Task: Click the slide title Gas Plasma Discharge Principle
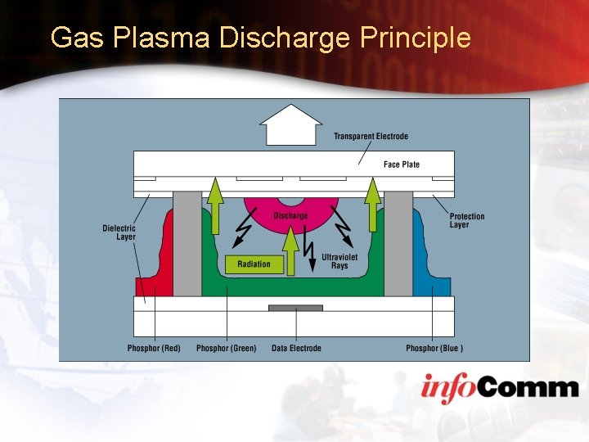[260, 38]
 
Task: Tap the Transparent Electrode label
[371, 136]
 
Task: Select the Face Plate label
[401, 165]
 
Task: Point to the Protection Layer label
[467, 220]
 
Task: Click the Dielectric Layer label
[119, 232]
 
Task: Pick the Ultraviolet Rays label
[339, 261]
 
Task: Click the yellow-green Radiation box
[254, 264]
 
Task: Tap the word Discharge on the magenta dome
[290, 215]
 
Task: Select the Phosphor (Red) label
[154, 348]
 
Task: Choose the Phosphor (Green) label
[226, 348]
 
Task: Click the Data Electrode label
[296, 348]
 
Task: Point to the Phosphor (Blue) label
[434, 348]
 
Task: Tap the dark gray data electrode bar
[296, 308]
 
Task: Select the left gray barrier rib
[187, 243]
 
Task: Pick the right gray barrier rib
[398, 243]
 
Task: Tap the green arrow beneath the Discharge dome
[290, 250]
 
